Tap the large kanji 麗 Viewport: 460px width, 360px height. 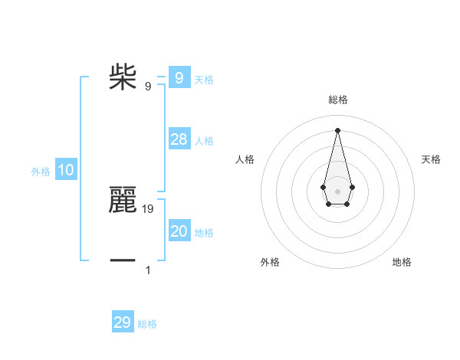point(123,200)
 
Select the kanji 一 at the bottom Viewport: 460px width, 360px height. point(123,262)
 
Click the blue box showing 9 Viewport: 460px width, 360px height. point(179,77)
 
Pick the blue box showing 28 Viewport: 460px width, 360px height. point(179,139)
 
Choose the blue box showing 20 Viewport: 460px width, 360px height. point(179,231)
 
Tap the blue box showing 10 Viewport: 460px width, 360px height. point(66,170)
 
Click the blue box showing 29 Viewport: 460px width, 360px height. point(123,322)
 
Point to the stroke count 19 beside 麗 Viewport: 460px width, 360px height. point(148,208)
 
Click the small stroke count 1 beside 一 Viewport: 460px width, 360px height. point(148,270)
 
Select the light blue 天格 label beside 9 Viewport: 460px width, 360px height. point(204,79)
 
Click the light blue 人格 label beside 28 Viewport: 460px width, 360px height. point(204,141)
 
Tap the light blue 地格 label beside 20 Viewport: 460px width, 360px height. point(204,233)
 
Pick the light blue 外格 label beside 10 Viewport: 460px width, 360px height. point(41,172)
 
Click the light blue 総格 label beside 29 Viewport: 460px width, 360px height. point(147,325)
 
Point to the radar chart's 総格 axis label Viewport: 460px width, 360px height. point(337,100)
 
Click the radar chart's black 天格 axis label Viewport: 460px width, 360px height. point(432,159)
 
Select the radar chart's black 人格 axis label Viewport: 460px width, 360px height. point(245,159)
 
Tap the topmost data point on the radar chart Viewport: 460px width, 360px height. point(337,130)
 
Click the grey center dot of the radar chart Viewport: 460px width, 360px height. point(337,191)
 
